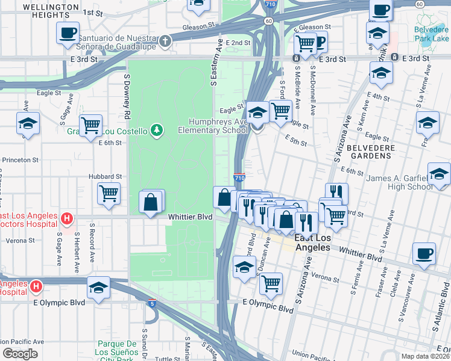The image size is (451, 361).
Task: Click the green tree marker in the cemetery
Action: pyautogui.click(x=157, y=129)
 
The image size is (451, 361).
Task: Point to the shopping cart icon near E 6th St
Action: pyautogui.click(x=90, y=125)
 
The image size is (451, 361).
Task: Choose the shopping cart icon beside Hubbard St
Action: pyautogui.click(x=109, y=193)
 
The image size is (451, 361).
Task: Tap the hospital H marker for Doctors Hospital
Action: pyautogui.click(x=68, y=217)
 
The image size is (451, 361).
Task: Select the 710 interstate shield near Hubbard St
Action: pyautogui.click(x=239, y=178)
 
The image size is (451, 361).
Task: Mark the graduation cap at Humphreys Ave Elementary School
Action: pyautogui.click(x=257, y=113)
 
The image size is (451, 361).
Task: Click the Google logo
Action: pyautogui.click(x=20, y=354)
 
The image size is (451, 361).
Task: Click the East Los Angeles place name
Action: pyautogui.click(x=312, y=242)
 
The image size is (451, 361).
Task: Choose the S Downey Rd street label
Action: pyautogui.click(x=127, y=96)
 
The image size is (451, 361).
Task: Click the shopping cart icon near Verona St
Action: pyautogui.click(x=272, y=282)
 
